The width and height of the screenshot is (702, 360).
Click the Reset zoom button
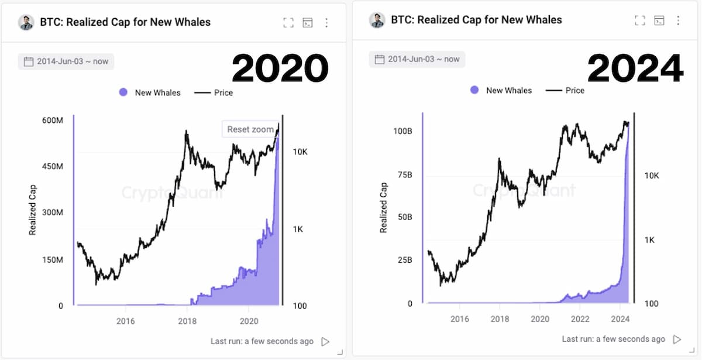pyautogui.click(x=250, y=129)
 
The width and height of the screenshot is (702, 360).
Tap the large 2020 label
pyautogui.click(x=280, y=68)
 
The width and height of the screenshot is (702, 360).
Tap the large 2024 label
pyautogui.click(x=635, y=68)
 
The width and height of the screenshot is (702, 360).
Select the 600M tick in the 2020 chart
pyautogui.click(x=53, y=120)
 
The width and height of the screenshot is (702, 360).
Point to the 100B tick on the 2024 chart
pyautogui.click(x=402, y=131)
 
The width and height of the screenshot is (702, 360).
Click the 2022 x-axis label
pyautogui.click(x=580, y=319)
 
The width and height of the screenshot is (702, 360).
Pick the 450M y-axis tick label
pyautogui.click(x=53, y=166)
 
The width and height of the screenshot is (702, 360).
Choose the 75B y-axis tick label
pyautogui.click(x=405, y=174)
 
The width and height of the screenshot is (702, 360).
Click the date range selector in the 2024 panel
pyautogui.click(x=417, y=59)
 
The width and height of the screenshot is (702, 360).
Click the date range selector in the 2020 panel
pyautogui.click(x=66, y=61)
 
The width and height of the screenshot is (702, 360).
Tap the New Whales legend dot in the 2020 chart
pyautogui.click(x=123, y=92)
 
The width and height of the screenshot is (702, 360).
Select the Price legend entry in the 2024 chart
pyautogui.click(x=565, y=90)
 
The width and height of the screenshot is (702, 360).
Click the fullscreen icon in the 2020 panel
pyautogui.click(x=288, y=23)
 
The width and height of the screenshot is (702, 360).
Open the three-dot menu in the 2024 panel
pyautogui.click(x=678, y=20)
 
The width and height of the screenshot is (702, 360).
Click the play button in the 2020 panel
pyautogui.click(x=325, y=341)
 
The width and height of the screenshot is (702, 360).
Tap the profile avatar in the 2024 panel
pyautogui.click(x=377, y=20)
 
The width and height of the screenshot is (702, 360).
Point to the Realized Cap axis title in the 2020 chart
pyautogui.click(x=33, y=210)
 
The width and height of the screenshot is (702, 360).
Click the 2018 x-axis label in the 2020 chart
pyautogui.click(x=187, y=321)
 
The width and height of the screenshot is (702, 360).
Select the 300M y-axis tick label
pyautogui.click(x=53, y=212)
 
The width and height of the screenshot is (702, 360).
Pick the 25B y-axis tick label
pyautogui.click(x=405, y=260)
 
